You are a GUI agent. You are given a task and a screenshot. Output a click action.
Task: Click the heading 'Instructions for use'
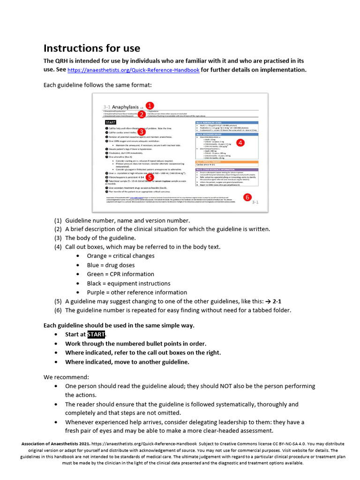click(92, 48)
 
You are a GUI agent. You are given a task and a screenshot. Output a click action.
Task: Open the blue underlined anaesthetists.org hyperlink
click(134, 70)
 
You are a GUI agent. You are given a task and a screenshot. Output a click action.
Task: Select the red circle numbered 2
click(141, 113)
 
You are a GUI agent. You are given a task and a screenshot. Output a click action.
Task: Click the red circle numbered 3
click(141, 133)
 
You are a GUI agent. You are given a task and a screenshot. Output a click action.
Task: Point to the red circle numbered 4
click(240, 142)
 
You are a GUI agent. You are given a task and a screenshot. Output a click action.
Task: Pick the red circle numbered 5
click(149, 177)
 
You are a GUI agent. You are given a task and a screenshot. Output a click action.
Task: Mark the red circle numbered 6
click(247, 197)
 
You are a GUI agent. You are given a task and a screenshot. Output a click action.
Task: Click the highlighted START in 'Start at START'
click(95, 334)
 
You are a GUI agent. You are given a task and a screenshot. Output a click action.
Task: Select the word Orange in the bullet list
click(97, 256)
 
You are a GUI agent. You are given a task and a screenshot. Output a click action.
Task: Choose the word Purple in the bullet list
click(97, 292)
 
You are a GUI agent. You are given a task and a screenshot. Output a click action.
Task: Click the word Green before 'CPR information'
click(96, 274)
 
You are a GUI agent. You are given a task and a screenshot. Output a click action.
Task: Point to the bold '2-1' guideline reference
click(277, 301)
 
